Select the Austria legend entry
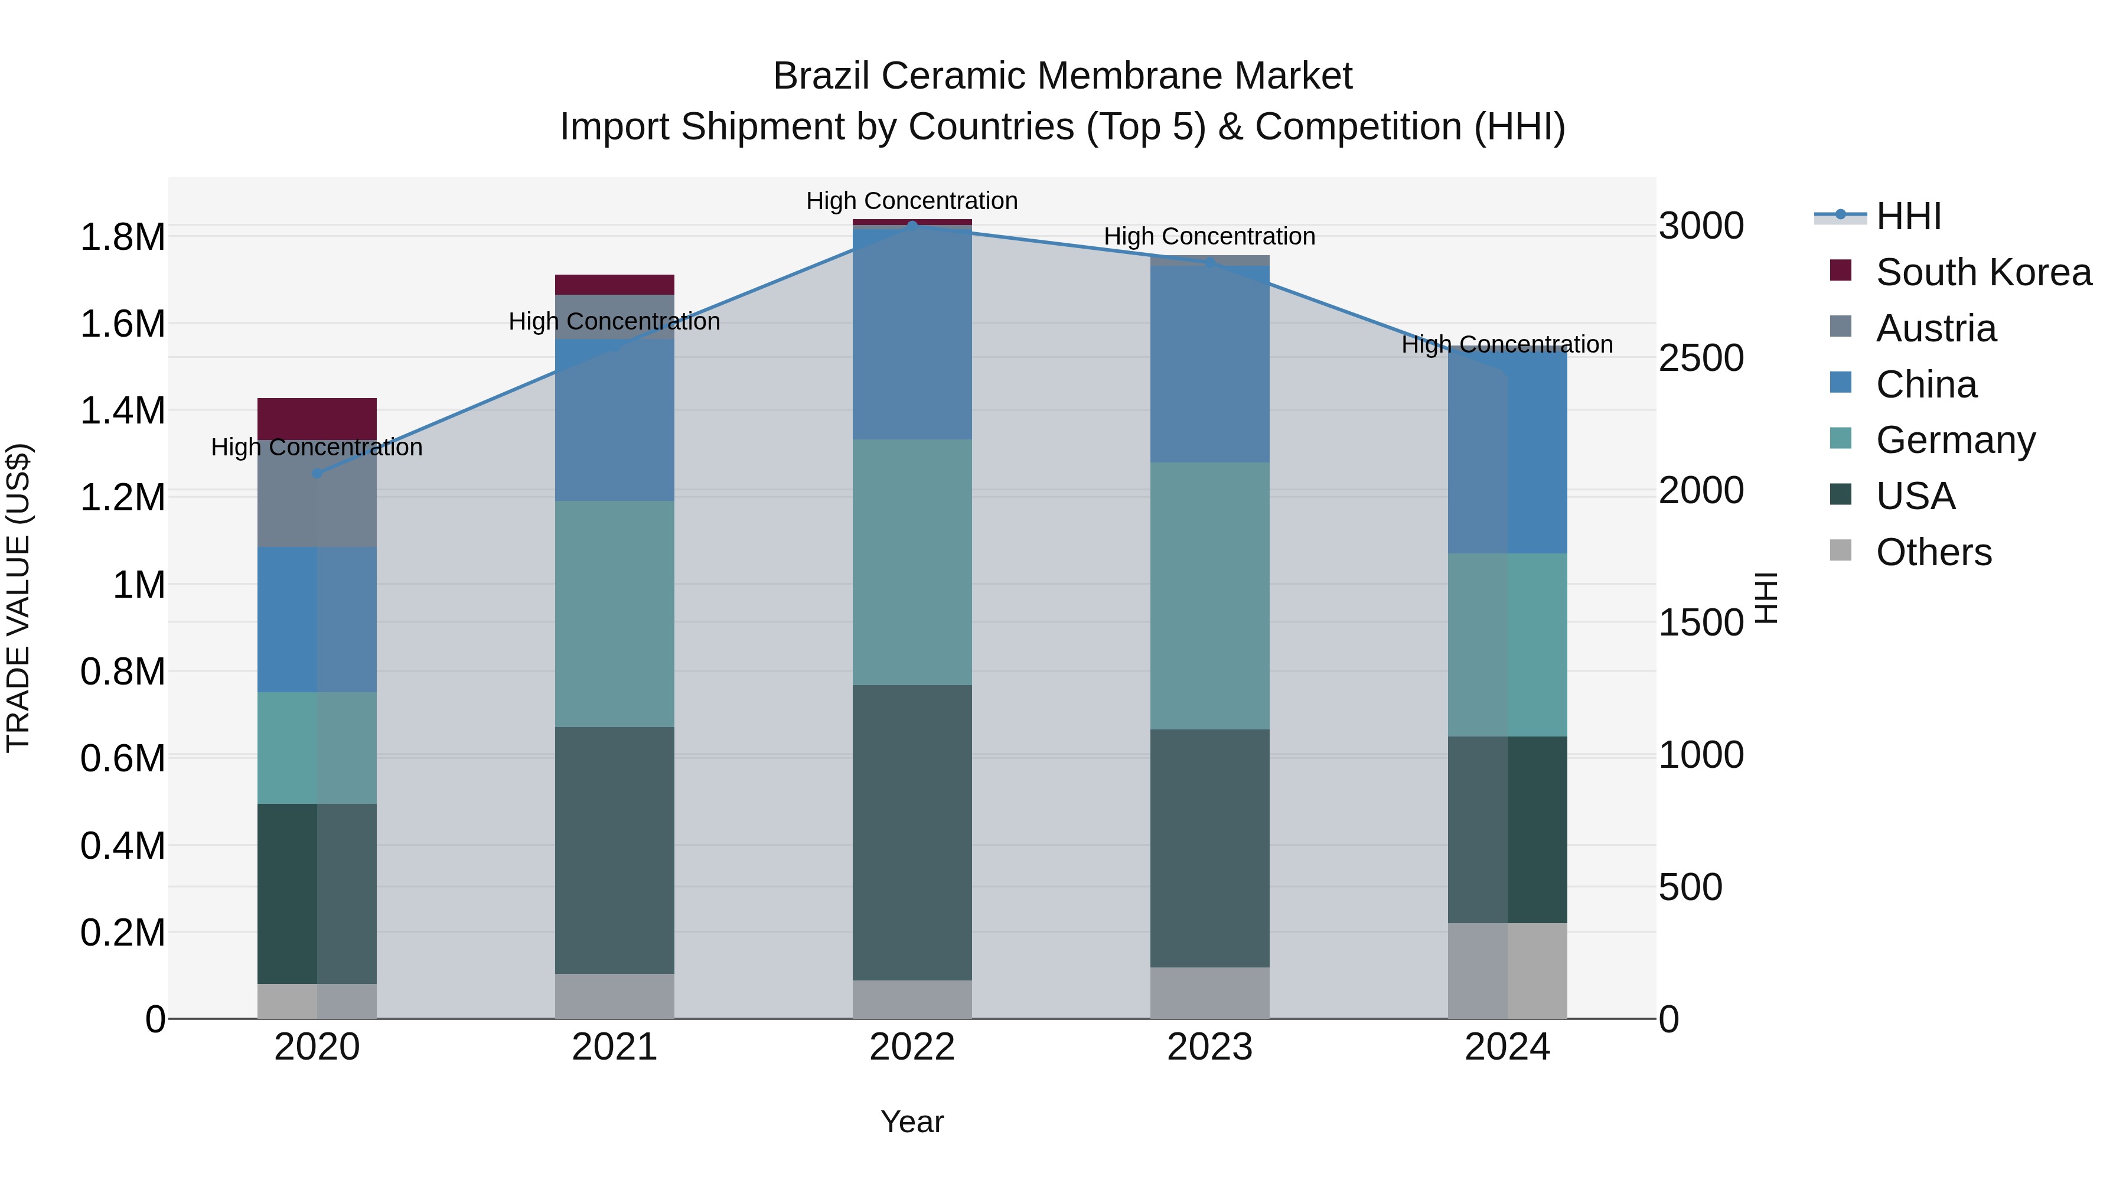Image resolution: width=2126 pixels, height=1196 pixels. [1935, 328]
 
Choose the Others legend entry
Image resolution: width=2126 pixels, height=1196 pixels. [1933, 552]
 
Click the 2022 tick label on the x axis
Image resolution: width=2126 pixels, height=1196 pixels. [912, 1047]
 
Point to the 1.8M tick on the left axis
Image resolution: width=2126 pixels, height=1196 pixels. [122, 237]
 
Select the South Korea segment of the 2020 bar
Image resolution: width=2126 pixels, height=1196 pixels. [317, 419]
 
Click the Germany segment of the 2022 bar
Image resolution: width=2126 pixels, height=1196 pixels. [912, 561]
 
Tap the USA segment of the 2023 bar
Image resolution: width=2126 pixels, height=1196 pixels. [1210, 848]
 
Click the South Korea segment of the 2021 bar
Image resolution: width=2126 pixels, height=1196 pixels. [614, 285]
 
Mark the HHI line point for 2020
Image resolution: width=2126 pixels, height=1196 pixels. [317, 474]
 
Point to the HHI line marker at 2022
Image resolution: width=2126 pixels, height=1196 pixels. [912, 226]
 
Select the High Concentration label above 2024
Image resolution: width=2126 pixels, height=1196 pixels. [1507, 345]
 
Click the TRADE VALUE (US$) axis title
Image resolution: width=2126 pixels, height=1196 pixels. [18, 598]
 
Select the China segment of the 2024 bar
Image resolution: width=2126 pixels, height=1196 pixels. [1508, 451]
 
